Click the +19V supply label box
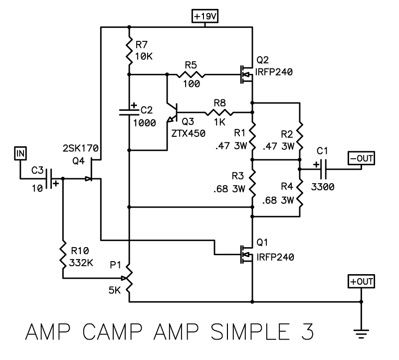tap(206, 16)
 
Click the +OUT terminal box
tap(361, 282)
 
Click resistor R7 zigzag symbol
tap(129, 50)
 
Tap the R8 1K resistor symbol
tap(220, 112)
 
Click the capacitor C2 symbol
tap(129, 112)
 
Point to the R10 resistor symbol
tap(63, 255)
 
